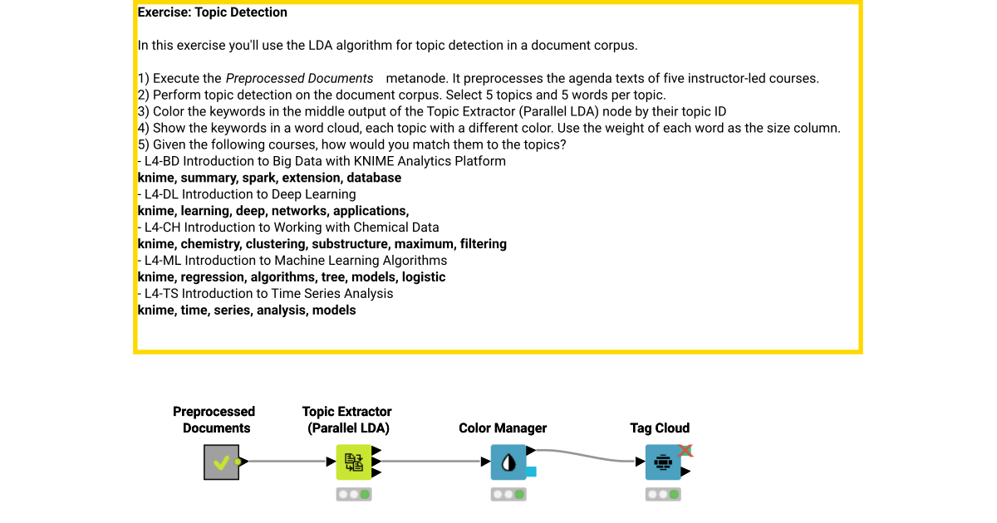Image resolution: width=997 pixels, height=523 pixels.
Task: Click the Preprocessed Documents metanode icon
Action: (x=221, y=462)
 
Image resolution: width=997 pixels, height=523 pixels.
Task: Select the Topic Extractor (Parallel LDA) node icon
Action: (x=354, y=462)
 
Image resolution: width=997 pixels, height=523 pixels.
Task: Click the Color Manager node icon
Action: (x=508, y=462)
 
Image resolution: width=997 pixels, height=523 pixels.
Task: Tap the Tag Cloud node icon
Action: (x=663, y=462)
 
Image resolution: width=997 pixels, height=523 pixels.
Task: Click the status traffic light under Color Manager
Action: (x=508, y=495)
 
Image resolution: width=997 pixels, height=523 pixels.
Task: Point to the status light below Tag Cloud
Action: (x=663, y=495)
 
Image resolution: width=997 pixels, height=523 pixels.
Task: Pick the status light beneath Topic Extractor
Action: (x=354, y=495)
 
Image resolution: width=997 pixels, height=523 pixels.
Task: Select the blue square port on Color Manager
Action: (x=531, y=472)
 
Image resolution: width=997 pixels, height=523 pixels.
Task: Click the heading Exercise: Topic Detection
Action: (x=212, y=12)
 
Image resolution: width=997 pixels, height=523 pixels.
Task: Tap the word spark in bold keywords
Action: (x=259, y=178)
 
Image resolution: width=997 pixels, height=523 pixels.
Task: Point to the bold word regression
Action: (x=213, y=277)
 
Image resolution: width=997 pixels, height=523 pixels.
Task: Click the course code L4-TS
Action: (x=161, y=294)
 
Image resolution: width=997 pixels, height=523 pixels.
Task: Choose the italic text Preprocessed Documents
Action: (x=300, y=79)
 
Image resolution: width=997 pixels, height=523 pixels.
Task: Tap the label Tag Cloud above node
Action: (x=660, y=428)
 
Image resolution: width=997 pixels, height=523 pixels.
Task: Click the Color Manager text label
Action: (x=503, y=428)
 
